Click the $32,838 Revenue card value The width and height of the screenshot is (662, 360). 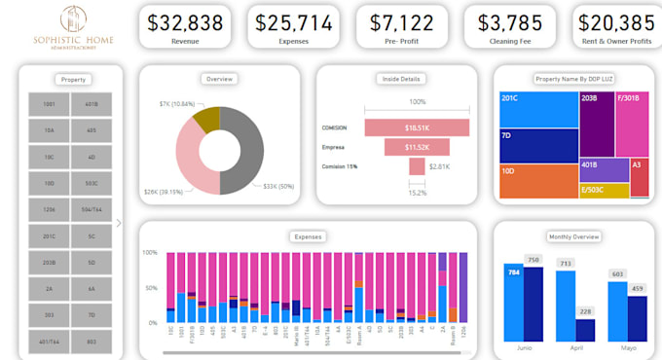pyautogui.click(x=185, y=21)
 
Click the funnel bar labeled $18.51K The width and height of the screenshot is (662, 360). pyautogui.click(x=417, y=127)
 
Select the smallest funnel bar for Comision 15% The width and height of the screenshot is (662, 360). pyautogui.click(x=417, y=166)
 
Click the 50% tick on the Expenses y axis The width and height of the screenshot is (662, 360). pyautogui.click(x=152, y=288)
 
